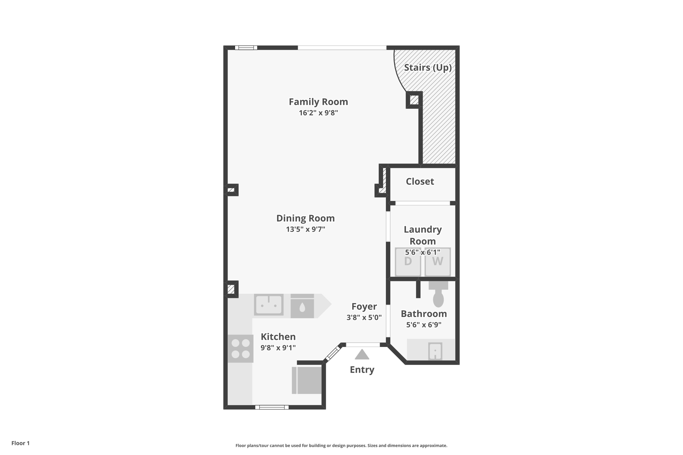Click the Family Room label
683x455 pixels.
[318, 102]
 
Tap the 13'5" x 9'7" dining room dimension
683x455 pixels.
[305, 229]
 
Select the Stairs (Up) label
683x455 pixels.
[428, 68]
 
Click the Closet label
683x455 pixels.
[420, 181]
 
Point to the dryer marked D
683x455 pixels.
[408, 262]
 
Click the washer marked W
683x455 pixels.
[438, 262]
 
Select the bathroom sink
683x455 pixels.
[435, 351]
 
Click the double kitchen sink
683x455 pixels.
[268, 304]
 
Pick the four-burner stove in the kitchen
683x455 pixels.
[240, 348]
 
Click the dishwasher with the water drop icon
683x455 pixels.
[302, 306]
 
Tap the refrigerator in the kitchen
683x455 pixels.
[307, 380]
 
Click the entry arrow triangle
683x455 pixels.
[362, 355]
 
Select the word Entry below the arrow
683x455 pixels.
[362, 370]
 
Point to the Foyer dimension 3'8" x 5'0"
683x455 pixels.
[364, 317]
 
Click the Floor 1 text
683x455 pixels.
[20, 443]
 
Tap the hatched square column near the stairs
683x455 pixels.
[414, 100]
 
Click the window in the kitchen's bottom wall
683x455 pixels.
[272, 407]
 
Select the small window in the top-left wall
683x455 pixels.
[246, 48]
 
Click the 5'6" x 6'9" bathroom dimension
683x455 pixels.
[424, 325]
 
